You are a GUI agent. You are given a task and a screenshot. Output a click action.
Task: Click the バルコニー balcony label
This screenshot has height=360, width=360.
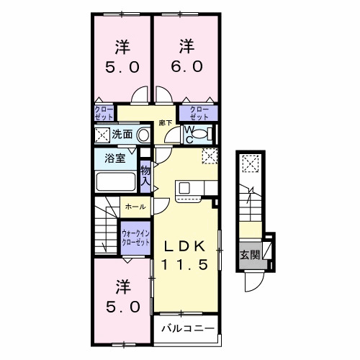click(x=186, y=328)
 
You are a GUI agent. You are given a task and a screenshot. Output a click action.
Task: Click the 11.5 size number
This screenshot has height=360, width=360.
click(x=186, y=264)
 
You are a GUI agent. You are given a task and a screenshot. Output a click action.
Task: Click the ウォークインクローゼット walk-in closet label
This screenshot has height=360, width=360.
click(x=136, y=238)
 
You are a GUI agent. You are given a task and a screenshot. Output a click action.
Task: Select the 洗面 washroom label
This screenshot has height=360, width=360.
click(x=122, y=134)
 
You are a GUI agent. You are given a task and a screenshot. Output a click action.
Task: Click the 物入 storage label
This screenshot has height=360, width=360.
click(x=146, y=175)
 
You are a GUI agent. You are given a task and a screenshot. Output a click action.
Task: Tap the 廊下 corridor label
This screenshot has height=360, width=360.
click(x=166, y=122)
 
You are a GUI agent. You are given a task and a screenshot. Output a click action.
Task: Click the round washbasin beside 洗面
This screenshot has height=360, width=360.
click(x=143, y=135)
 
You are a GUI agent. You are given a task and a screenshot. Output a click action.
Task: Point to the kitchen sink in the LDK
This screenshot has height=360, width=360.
click(x=184, y=189)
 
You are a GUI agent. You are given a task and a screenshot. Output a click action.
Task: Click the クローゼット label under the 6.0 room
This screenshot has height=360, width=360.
click(x=199, y=112)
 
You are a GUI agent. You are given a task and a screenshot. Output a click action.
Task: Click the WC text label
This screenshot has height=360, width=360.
click(x=189, y=135)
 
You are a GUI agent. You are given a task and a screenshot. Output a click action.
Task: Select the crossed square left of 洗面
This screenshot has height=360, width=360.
click(x=102, y=135)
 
